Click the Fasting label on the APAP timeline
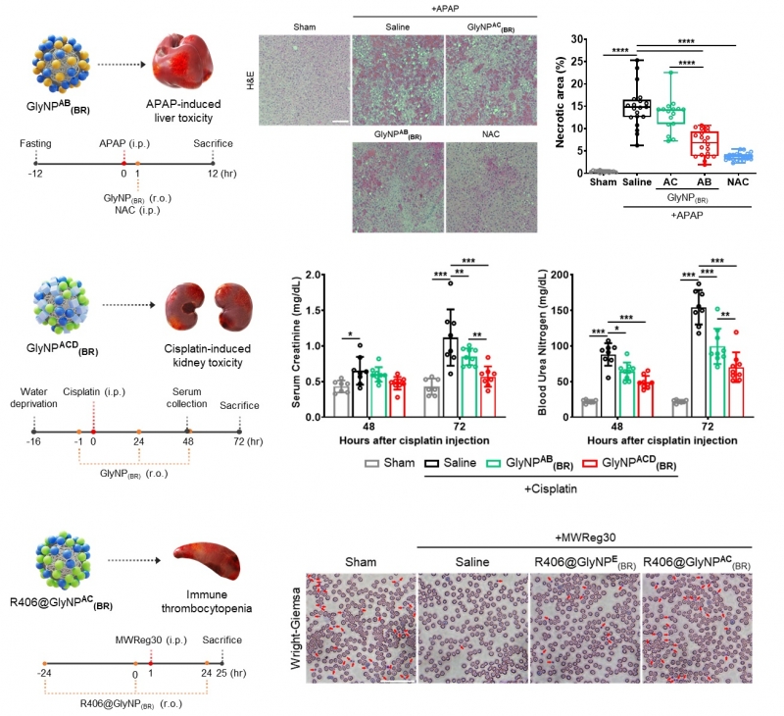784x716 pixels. tap(36, 144)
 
